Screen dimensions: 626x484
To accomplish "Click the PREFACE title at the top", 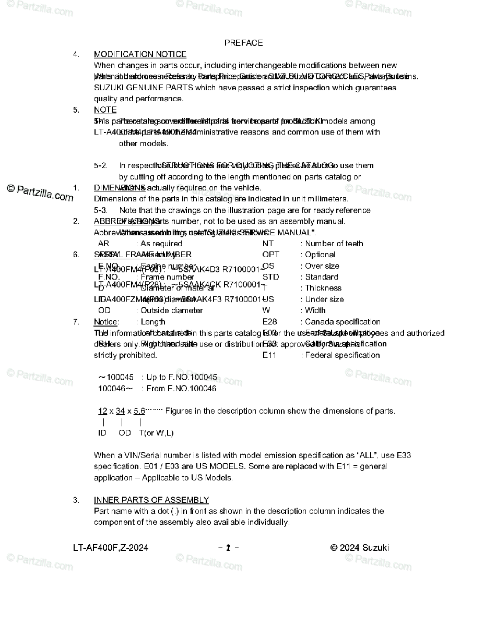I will coord(243,43).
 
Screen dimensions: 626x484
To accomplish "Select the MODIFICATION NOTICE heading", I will coord(140,54).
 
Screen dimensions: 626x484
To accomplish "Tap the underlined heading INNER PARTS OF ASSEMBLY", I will coord(151,500).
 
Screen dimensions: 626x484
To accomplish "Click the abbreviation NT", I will coord(268,244).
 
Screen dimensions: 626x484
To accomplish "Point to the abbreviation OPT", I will coord(270,255).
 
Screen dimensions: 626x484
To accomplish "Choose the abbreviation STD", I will coord(270,277).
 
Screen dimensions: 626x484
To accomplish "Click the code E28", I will coord(269,322).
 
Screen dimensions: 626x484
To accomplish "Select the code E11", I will coord(269,355).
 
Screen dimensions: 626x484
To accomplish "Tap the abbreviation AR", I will coord(103,244).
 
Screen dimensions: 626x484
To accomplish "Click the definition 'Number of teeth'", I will coord(334,244).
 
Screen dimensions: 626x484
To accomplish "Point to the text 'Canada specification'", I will coord(343,322).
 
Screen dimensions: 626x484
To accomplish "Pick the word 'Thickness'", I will coord(323,288).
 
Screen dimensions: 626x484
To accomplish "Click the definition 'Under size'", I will coord(324,299).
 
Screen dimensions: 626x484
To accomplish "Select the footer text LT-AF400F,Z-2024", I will coord(111,548).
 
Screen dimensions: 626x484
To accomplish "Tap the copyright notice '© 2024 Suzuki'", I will coord(360,548).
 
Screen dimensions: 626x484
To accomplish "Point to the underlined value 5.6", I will coord(139,411).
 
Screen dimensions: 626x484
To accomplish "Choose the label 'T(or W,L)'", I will coord(156,433).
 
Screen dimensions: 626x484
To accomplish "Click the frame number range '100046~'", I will coord(115,389).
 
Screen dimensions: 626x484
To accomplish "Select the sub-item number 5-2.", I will coord(101,166).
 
